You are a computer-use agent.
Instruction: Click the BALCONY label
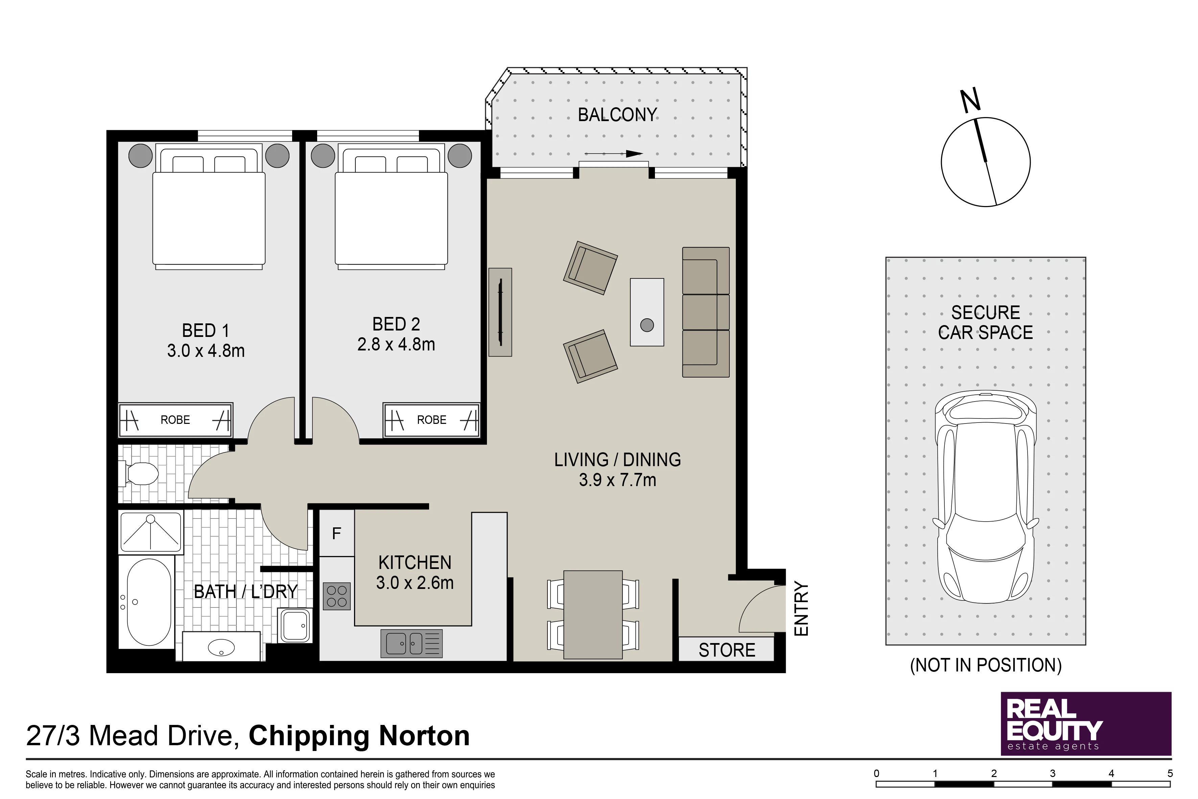[617, 115]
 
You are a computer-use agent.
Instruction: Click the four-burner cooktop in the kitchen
[337, 596]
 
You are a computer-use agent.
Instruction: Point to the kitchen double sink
[412, 644]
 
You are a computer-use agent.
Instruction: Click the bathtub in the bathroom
[149, 602]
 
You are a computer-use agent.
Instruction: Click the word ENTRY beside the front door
[801, 609]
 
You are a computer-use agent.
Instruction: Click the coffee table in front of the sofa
[647, 312]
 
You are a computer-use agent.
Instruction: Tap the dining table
[593, 615]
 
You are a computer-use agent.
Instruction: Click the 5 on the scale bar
[1170, 774]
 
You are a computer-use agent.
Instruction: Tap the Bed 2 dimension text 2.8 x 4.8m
[396, 344]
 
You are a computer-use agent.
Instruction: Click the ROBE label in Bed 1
[175, 420]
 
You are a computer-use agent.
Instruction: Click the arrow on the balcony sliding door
[614, 153]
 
